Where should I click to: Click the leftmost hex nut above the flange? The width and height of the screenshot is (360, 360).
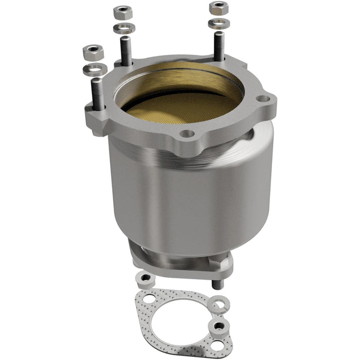coord(93,51)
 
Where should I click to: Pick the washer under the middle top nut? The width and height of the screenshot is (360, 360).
coord(124,28)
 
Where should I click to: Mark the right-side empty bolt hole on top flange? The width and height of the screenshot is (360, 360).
coord(263,98)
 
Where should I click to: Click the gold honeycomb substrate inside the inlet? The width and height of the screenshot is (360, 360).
coord(180,103)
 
